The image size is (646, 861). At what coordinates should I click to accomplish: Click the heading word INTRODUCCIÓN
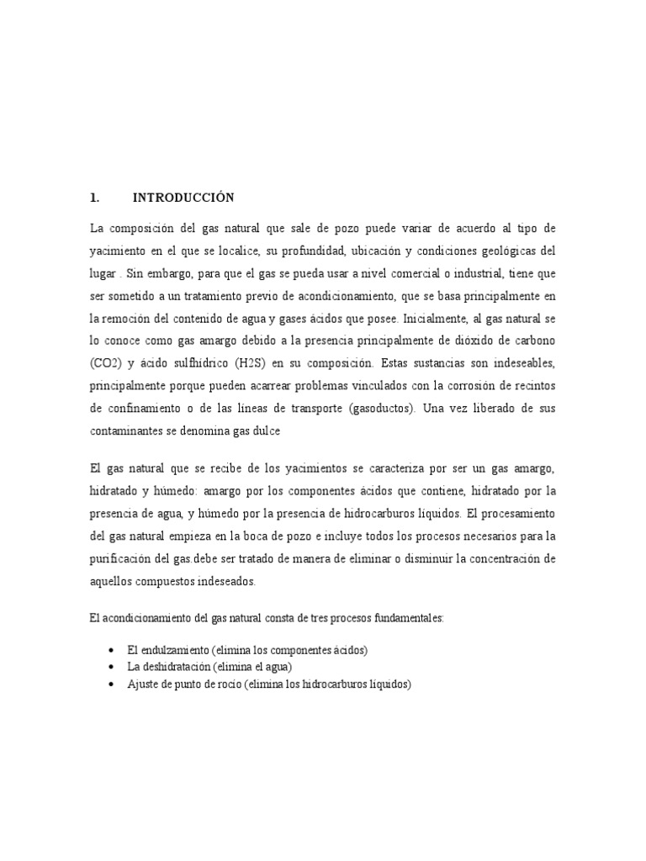[183, 198]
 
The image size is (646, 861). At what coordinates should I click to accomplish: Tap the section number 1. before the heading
[94, 198]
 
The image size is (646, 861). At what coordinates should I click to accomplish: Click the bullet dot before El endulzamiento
[112, 651]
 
